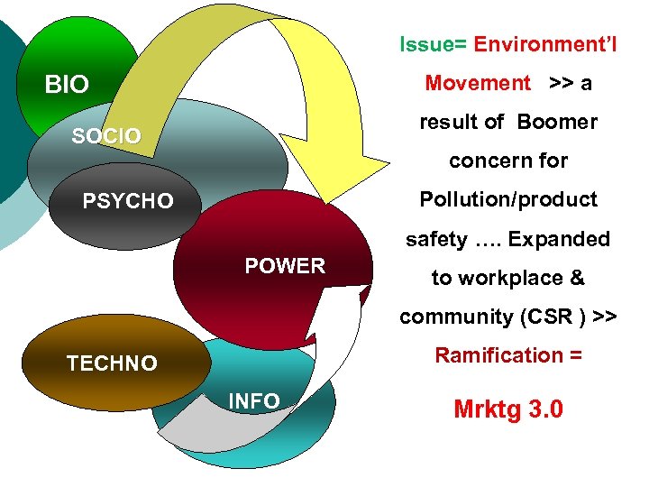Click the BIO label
67,86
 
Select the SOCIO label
106,136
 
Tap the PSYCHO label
128,200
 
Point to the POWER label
285,266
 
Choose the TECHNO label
112,363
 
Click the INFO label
255,401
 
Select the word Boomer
557,122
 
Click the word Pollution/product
508,199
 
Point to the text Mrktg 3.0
508,409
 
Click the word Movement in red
478,83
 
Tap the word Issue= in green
434,44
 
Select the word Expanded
558,239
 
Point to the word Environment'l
545,44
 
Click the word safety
436,239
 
